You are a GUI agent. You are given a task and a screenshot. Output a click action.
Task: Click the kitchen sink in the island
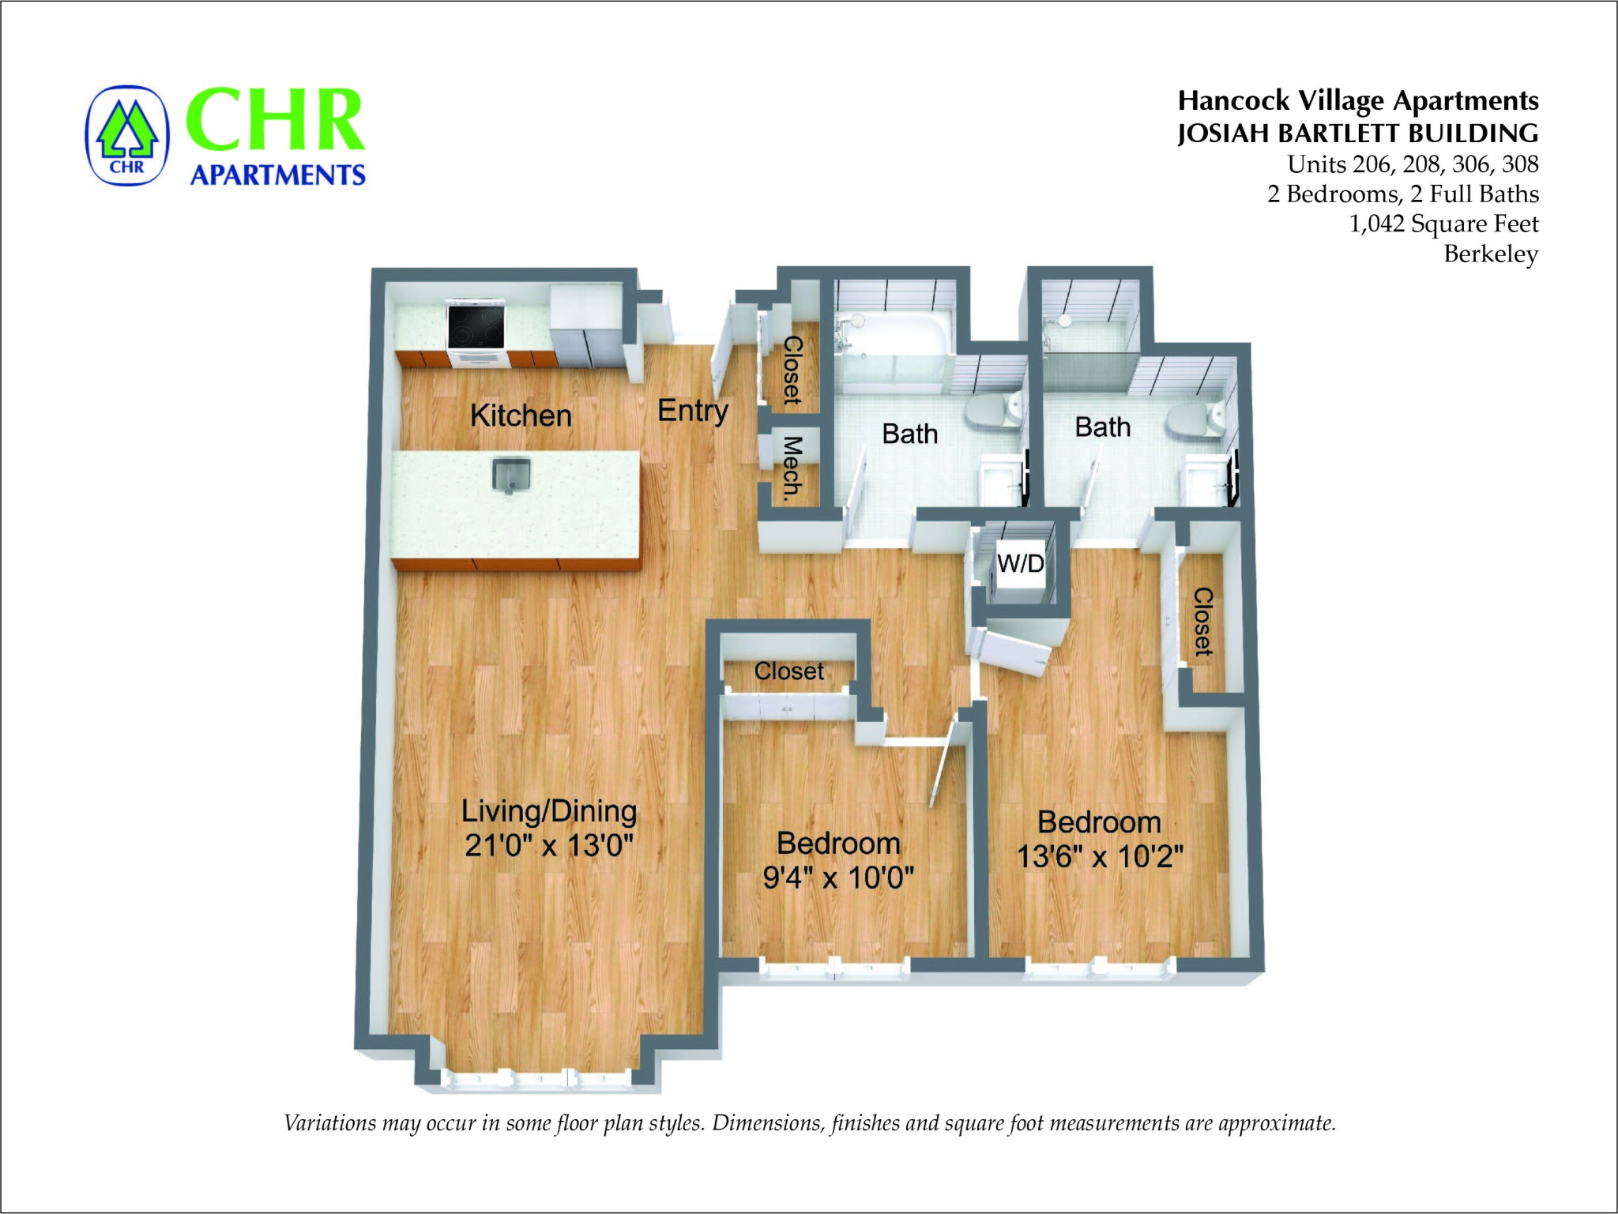(511, 475)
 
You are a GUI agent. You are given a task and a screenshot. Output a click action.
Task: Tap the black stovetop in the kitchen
(476, 325)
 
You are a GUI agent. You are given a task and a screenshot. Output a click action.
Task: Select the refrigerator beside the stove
(588, 327)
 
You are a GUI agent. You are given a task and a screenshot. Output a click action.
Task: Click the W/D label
(1020, 563)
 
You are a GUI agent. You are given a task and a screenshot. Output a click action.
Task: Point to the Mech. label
(792, 468)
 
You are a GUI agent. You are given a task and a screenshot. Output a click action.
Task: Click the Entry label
(693, 411)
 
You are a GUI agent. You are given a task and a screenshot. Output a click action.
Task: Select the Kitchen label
(521, 415)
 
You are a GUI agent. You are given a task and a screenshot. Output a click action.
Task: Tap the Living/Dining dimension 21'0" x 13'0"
(549, 845)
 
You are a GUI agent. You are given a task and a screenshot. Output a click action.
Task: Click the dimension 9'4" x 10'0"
(838, 877)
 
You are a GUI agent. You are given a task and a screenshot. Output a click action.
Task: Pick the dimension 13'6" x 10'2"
(1100, 856)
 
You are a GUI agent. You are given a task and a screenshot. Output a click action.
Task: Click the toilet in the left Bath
(994, 411)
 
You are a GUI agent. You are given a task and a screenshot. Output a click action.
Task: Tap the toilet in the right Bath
(1195, 418)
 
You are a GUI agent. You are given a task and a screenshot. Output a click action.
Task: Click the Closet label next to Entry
(792, 370)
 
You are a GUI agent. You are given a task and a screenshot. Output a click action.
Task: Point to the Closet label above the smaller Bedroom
(788, 671)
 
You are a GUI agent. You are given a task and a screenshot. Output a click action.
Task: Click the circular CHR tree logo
(127, 136)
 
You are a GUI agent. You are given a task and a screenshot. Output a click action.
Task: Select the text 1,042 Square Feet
(1443, 224)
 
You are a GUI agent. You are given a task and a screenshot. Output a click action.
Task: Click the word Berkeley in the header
(1491, 254)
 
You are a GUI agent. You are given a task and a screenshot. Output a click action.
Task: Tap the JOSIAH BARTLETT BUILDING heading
(1357, 133)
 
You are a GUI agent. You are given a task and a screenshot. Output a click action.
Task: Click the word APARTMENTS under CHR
(278, 175)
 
